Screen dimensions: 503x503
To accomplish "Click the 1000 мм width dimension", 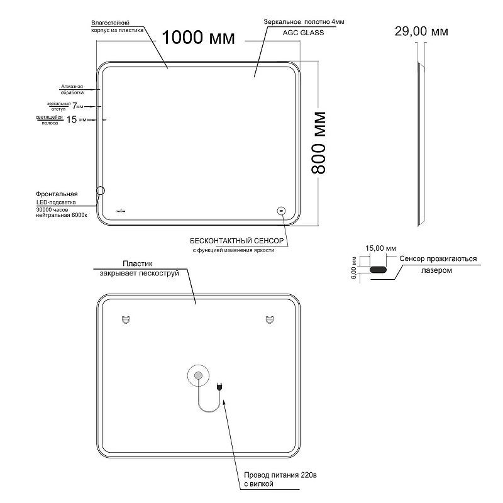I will [x=198, y=38].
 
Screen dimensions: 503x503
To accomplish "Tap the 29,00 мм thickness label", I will [x=421, y=31].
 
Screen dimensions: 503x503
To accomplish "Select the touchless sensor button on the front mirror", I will [x=282, y=211].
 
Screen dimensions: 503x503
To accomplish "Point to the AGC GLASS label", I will [x=304, y=31].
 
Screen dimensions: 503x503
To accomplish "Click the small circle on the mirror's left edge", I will [x=101, y=190].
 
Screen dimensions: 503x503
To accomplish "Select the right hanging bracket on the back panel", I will [x=270, y=319].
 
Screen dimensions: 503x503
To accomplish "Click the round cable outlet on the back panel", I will [x=198, y=377].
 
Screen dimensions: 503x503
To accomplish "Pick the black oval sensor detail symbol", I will [x=379, y=270].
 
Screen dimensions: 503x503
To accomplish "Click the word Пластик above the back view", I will [x=138, y=265].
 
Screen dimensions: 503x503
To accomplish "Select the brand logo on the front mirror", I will [x=121, y=211].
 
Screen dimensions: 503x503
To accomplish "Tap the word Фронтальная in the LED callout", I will [x=57, y=194].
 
